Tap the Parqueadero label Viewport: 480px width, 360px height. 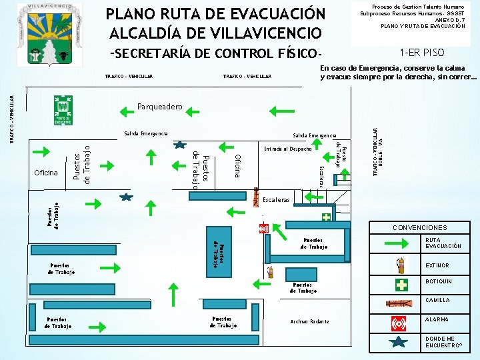tap(159, 107)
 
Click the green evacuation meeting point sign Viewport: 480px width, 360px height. tap(63, 110)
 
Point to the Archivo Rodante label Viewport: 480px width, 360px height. tap(310, 321)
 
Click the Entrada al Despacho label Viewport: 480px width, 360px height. tap(287, 149)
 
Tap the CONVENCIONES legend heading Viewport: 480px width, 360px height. tap(420, 228)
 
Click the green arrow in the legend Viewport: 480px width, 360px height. tap(400, 243)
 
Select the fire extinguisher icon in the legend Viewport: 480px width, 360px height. tap(401, 265)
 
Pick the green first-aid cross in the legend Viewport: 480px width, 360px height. tap(401, 285)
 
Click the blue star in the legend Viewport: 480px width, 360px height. tap(399, 343)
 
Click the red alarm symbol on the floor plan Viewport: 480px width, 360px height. tap(264, 229)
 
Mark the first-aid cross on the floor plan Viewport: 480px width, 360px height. tap(326, 217)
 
